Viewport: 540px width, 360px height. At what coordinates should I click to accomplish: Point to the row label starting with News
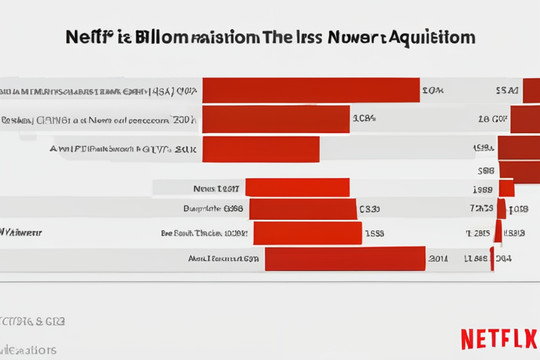click(216, 188)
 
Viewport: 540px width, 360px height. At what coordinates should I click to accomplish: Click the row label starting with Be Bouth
click(205, 233)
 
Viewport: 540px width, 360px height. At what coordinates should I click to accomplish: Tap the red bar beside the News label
click(297, 188)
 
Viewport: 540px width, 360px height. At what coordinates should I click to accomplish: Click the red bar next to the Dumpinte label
click(302, 209)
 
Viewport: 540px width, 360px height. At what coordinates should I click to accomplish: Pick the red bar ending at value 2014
click(345, 258)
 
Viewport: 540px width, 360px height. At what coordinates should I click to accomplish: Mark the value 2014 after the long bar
click(437, 259)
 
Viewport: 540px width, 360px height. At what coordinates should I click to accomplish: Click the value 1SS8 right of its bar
click(373, 233)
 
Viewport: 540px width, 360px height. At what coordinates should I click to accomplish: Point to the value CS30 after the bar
click(369, 209)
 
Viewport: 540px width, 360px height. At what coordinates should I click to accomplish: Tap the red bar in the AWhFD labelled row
click(260, 149)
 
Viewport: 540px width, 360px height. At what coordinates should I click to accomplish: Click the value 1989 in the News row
click(482, 188)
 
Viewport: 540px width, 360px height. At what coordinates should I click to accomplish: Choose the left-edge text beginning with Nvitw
click(21, 231)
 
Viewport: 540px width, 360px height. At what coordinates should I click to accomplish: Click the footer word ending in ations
click(28, 349)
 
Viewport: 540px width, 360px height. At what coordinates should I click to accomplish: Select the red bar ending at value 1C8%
click(276, 120)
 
